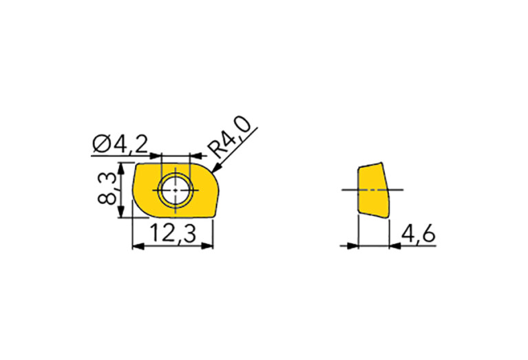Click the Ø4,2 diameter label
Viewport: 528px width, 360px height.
(x=120, y=144)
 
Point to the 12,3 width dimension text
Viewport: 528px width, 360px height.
(x=173, y=233)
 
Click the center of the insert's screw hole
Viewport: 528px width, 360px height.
(x=176, y=190)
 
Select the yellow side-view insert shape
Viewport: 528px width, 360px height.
(x=373, y=190)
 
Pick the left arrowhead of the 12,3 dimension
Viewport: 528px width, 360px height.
(x=138, y=247)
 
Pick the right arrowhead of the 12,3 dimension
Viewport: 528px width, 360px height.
(x=207, y=247)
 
